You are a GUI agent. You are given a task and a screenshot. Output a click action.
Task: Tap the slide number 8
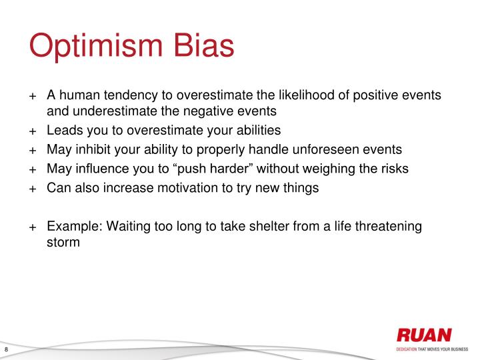point(6,351)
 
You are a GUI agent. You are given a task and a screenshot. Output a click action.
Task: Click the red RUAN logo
point(424,335)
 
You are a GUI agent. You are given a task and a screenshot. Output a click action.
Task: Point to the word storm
point(63,242)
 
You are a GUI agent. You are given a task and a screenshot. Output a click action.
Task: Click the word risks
point(393,169)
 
